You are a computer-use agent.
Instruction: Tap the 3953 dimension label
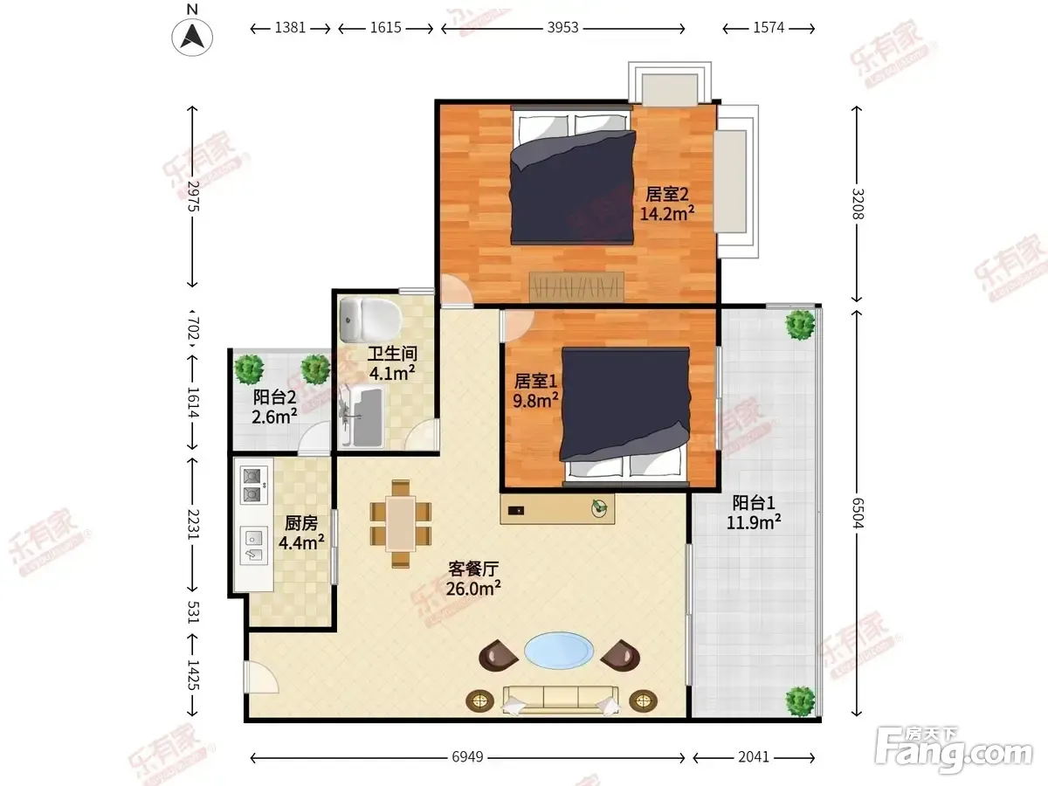pos(562,28)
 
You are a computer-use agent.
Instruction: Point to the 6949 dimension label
pos(467,757)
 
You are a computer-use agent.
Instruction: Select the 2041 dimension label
pos(754,757)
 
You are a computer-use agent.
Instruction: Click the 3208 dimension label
pos(858,203)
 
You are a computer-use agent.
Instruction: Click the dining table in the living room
pos(401,524)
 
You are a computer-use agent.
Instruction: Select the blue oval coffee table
pos(559,651)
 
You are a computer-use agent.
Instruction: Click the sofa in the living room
pos(561,700)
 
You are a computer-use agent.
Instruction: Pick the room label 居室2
pos(666,194)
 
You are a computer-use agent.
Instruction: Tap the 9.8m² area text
pos(535,400)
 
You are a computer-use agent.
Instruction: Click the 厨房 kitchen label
pos(300,523)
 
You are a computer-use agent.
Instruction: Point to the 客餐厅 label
pos(473,569)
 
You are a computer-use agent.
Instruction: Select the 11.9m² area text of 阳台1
pos(754,522)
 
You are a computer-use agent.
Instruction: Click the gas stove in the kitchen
pos(253,485)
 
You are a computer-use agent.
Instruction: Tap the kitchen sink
pos(253,546)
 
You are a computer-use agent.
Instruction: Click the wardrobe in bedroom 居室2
pos(576,286)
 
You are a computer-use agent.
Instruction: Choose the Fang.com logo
pos(954,749)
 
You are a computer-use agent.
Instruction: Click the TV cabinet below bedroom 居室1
pos(557,509)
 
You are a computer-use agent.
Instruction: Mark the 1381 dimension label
pos(290,28)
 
